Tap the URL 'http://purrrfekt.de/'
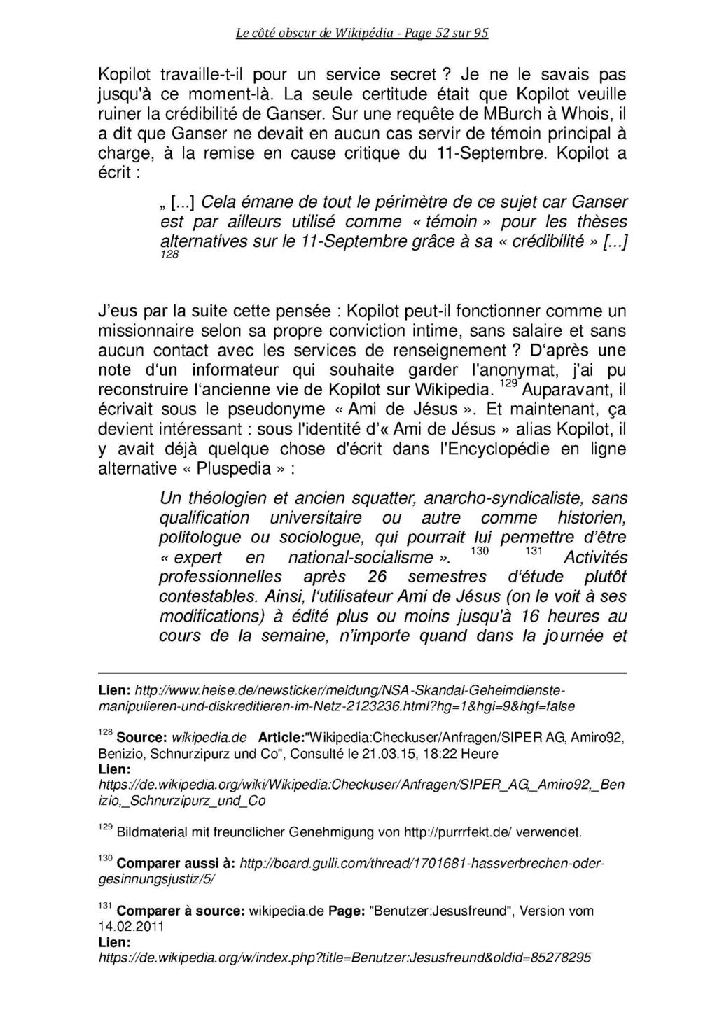point(459,833)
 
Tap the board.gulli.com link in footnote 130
point(420,864)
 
